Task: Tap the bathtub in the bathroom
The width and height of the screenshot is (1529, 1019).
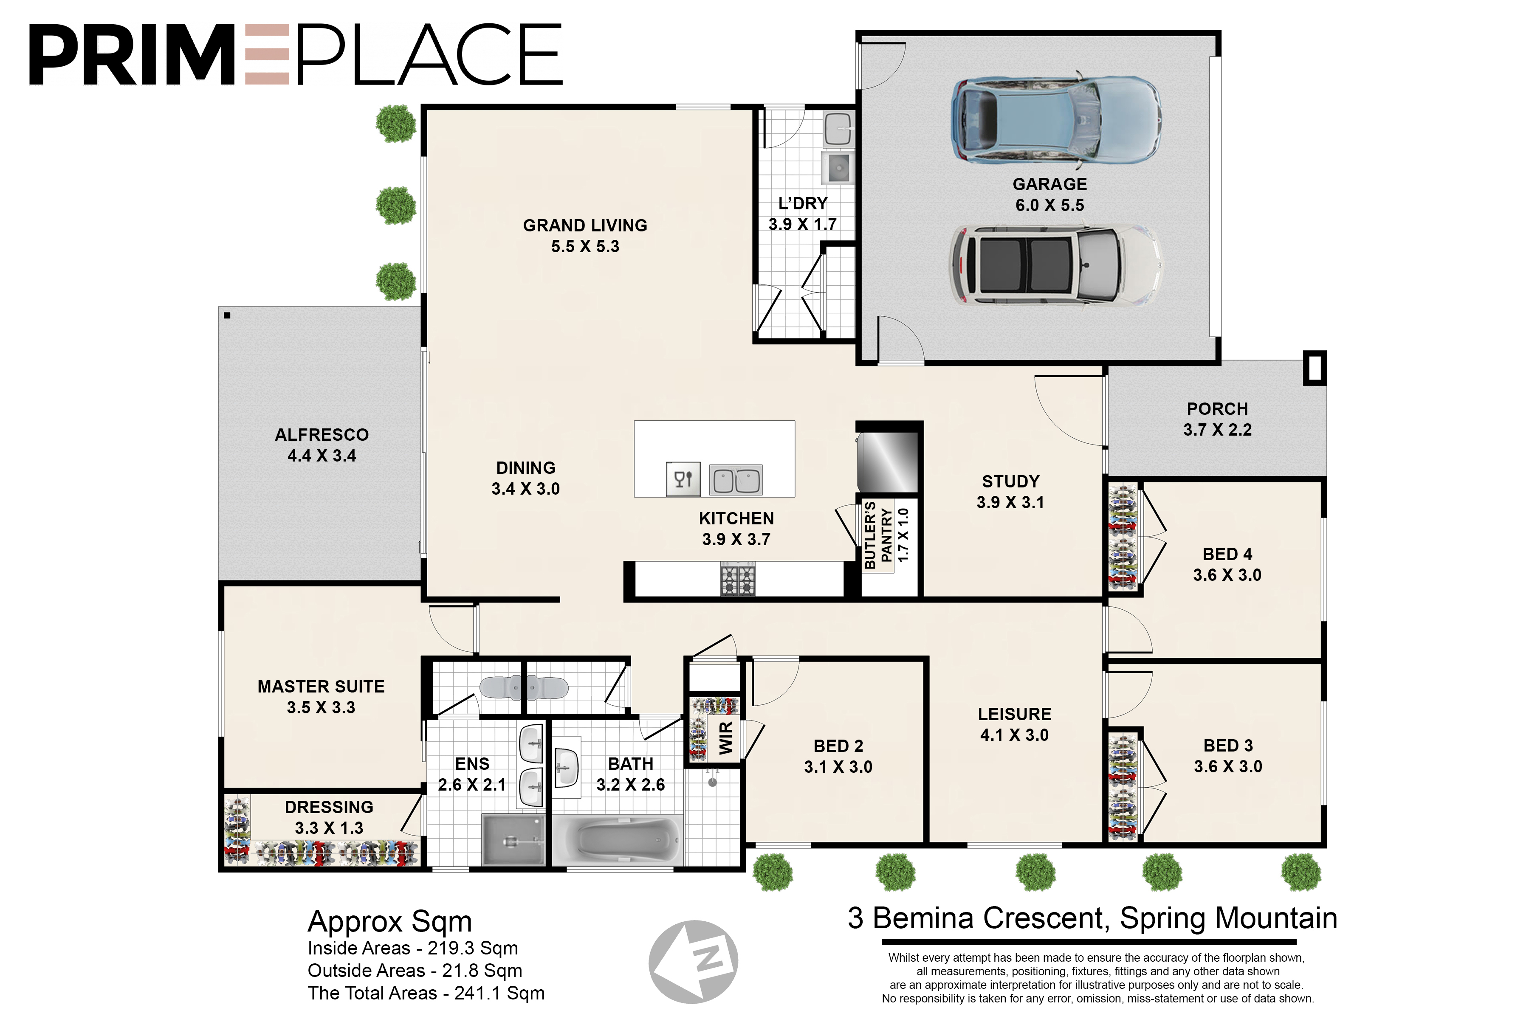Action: (618, 840)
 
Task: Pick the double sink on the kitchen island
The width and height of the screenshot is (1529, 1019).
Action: (735, 480)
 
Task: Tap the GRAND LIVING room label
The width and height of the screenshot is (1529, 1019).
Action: (585, 225)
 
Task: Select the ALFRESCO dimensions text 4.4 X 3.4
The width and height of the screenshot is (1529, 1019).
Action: (322, 456)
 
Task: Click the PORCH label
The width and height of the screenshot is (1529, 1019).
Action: (1218, 409)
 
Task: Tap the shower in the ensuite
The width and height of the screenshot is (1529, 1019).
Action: (513, 840)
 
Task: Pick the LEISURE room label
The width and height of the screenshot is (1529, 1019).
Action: (1015, 714)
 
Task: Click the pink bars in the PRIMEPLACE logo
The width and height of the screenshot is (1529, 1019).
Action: (267, 55)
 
